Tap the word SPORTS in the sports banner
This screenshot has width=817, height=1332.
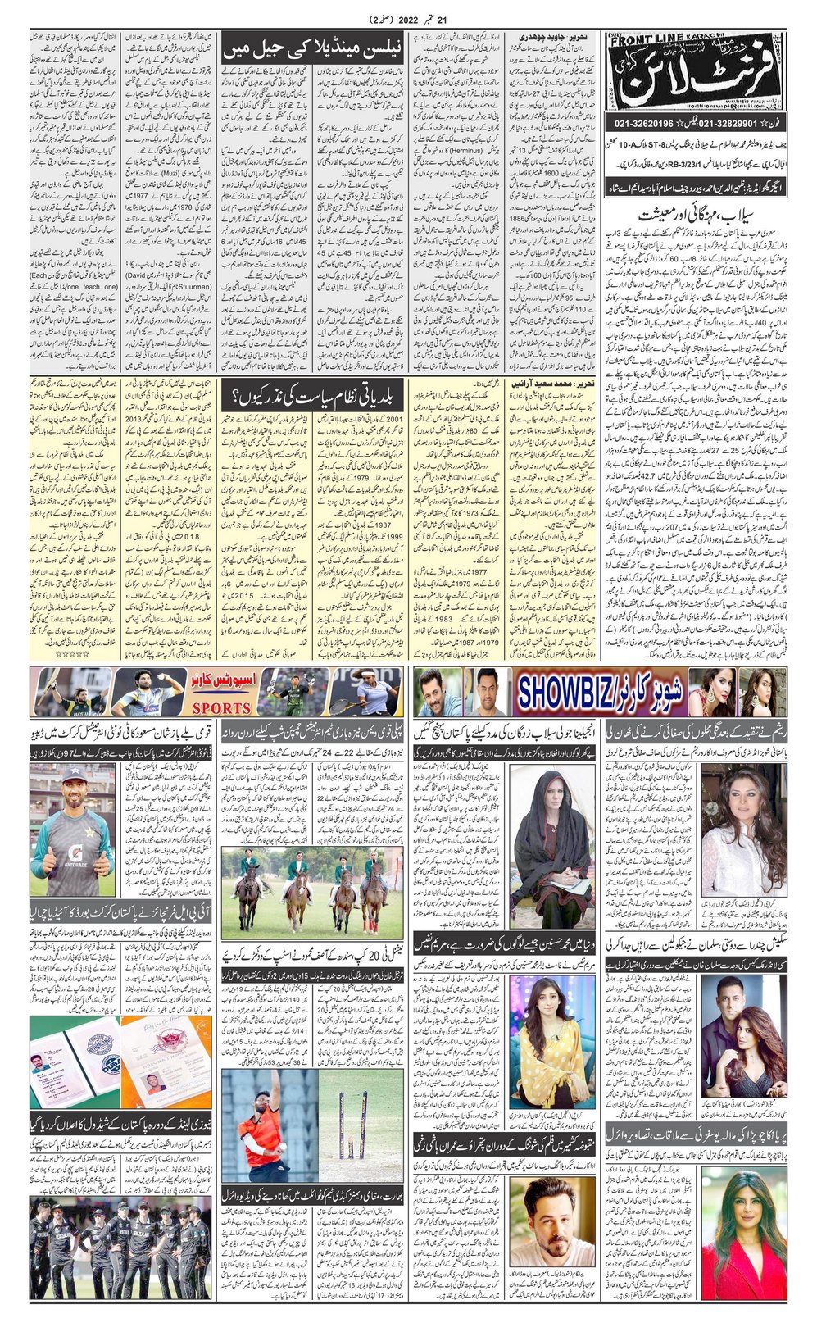pyautogui.click(x=221, y=707)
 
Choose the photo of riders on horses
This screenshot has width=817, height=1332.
pyautogui.click(x=312, y=893)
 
